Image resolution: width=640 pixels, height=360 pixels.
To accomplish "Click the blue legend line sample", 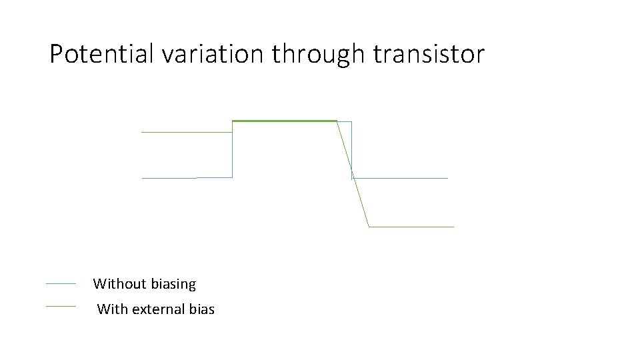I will click(x=61, y=284).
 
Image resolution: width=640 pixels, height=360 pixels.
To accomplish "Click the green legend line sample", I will click(x=61, y=306).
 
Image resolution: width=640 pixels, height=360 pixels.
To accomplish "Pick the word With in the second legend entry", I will click(x=113, y=309).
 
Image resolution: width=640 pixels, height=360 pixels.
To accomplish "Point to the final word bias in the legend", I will click(x=201, y=309).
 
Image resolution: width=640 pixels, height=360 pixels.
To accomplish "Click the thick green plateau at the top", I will click(x=284, y=121).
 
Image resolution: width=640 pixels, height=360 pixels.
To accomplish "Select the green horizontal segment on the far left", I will click(x=186, y=132).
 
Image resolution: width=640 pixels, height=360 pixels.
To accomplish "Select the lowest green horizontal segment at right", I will click(x=411, y=227).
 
